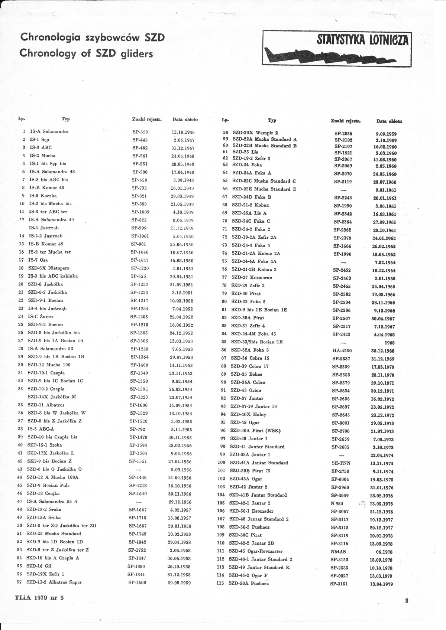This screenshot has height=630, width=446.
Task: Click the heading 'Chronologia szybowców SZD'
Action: (x=92, y=38)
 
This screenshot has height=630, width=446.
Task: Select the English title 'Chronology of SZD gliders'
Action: (x=86, y=53)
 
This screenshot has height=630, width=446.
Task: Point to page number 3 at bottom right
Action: (x=407, y=600)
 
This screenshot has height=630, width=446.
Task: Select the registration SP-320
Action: (x=140, y=132)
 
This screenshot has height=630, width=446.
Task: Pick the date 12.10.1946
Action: (x=183, y=132)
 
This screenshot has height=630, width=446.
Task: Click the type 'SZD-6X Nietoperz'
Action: (x=48, y=268)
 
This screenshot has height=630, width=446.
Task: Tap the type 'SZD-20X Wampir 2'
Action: (x=255, y=133)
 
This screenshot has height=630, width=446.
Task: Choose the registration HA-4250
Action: (x=342, y=351)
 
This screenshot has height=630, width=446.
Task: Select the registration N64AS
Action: (x=338, y=552)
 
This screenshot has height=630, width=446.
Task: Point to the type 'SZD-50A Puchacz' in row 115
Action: (x=249, y=583)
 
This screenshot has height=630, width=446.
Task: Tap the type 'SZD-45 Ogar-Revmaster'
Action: (x=256, y=551)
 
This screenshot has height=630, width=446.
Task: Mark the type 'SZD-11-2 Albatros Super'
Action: (x=54, y=582)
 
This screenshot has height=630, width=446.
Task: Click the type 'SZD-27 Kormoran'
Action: (x=252, y=278)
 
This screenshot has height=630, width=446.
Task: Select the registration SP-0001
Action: (x=340, y=423)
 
